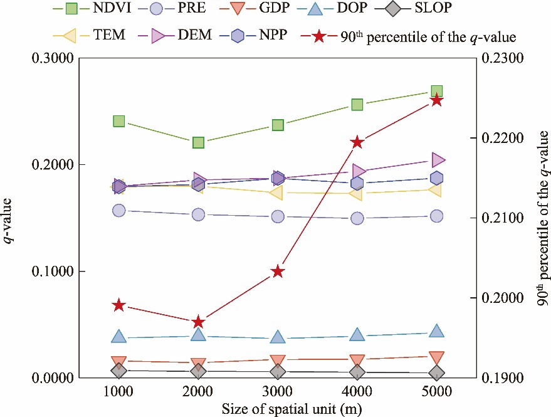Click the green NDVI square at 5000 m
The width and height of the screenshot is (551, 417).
[x=437, y=92]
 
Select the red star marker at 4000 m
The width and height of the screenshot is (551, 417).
[x=357, y=142]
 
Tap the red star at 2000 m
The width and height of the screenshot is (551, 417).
[x=198, y=322]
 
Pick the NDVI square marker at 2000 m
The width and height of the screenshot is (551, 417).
[x=198, y=142]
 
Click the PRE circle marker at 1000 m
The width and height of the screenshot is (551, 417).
[x=118, y=211]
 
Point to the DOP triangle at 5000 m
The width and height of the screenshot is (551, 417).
[x=437, y=332]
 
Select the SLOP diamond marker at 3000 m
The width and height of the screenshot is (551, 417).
[x=278, y=372]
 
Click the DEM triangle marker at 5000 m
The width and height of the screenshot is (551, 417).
[x=438, y=160]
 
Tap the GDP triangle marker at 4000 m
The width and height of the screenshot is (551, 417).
[x=357, y=359]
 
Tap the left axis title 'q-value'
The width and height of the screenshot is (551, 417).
[x=11, y=218]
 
